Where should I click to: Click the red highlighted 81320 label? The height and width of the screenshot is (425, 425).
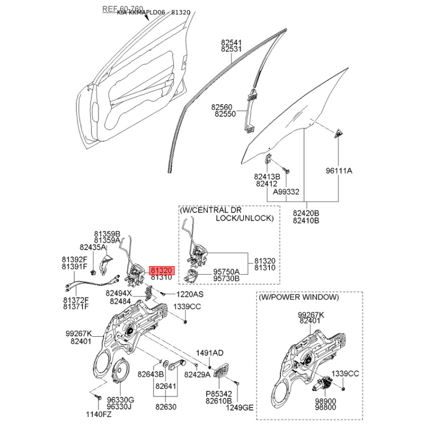[161, 269]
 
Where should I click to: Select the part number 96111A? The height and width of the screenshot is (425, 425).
[339, 171]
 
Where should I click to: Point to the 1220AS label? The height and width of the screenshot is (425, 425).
[190, 294]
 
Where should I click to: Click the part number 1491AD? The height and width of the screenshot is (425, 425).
[210, 353]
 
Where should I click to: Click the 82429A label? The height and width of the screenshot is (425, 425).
[198, 375]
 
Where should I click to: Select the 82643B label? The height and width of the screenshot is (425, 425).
[151, 375]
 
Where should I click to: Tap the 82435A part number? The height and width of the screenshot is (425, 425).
[93, 247]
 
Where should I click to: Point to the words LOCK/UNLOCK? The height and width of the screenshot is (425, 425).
[244, 218]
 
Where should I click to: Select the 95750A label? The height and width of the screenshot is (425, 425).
[226, 271]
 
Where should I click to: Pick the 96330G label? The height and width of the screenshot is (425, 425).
[120, 400]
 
